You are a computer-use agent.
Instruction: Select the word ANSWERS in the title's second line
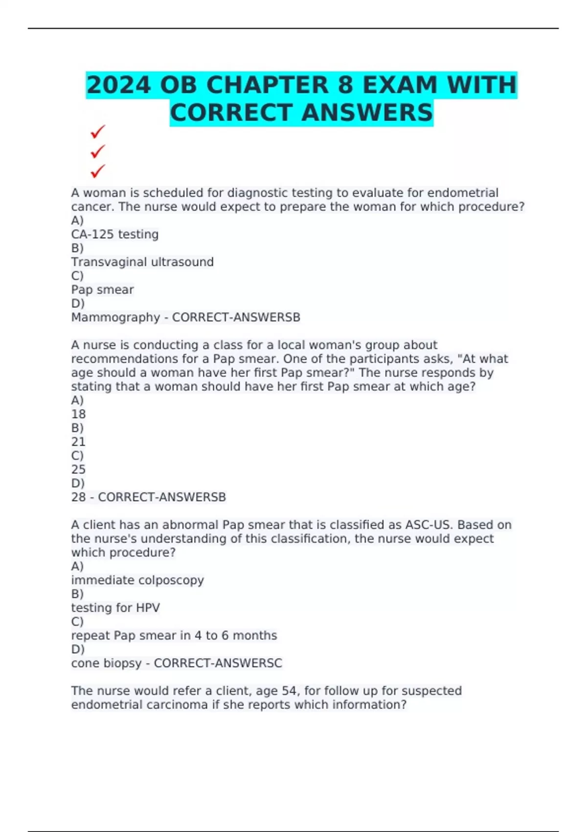(x=367, y=113)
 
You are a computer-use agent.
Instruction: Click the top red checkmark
(x=98, y=132)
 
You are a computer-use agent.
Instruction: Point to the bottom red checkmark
(x=98, y=171)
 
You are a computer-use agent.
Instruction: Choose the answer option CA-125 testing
(x=115, y=234)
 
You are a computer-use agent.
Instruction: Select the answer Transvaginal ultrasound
(x=142, y=262)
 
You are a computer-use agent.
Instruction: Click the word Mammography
(x=115, y=318)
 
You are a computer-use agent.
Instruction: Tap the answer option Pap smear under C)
(x=102, y=290)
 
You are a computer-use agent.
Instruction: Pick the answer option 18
(x=78, y=414)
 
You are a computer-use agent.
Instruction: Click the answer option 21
(x=78, y=442)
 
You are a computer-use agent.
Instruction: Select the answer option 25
(x=78, y=469)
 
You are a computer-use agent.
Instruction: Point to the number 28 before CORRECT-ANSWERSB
(x=78, y=497)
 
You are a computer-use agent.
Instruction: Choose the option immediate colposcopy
(x=137, y=580)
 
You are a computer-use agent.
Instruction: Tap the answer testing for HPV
(x=115, y=608)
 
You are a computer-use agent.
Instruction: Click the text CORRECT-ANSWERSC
(x=218, y=663)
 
